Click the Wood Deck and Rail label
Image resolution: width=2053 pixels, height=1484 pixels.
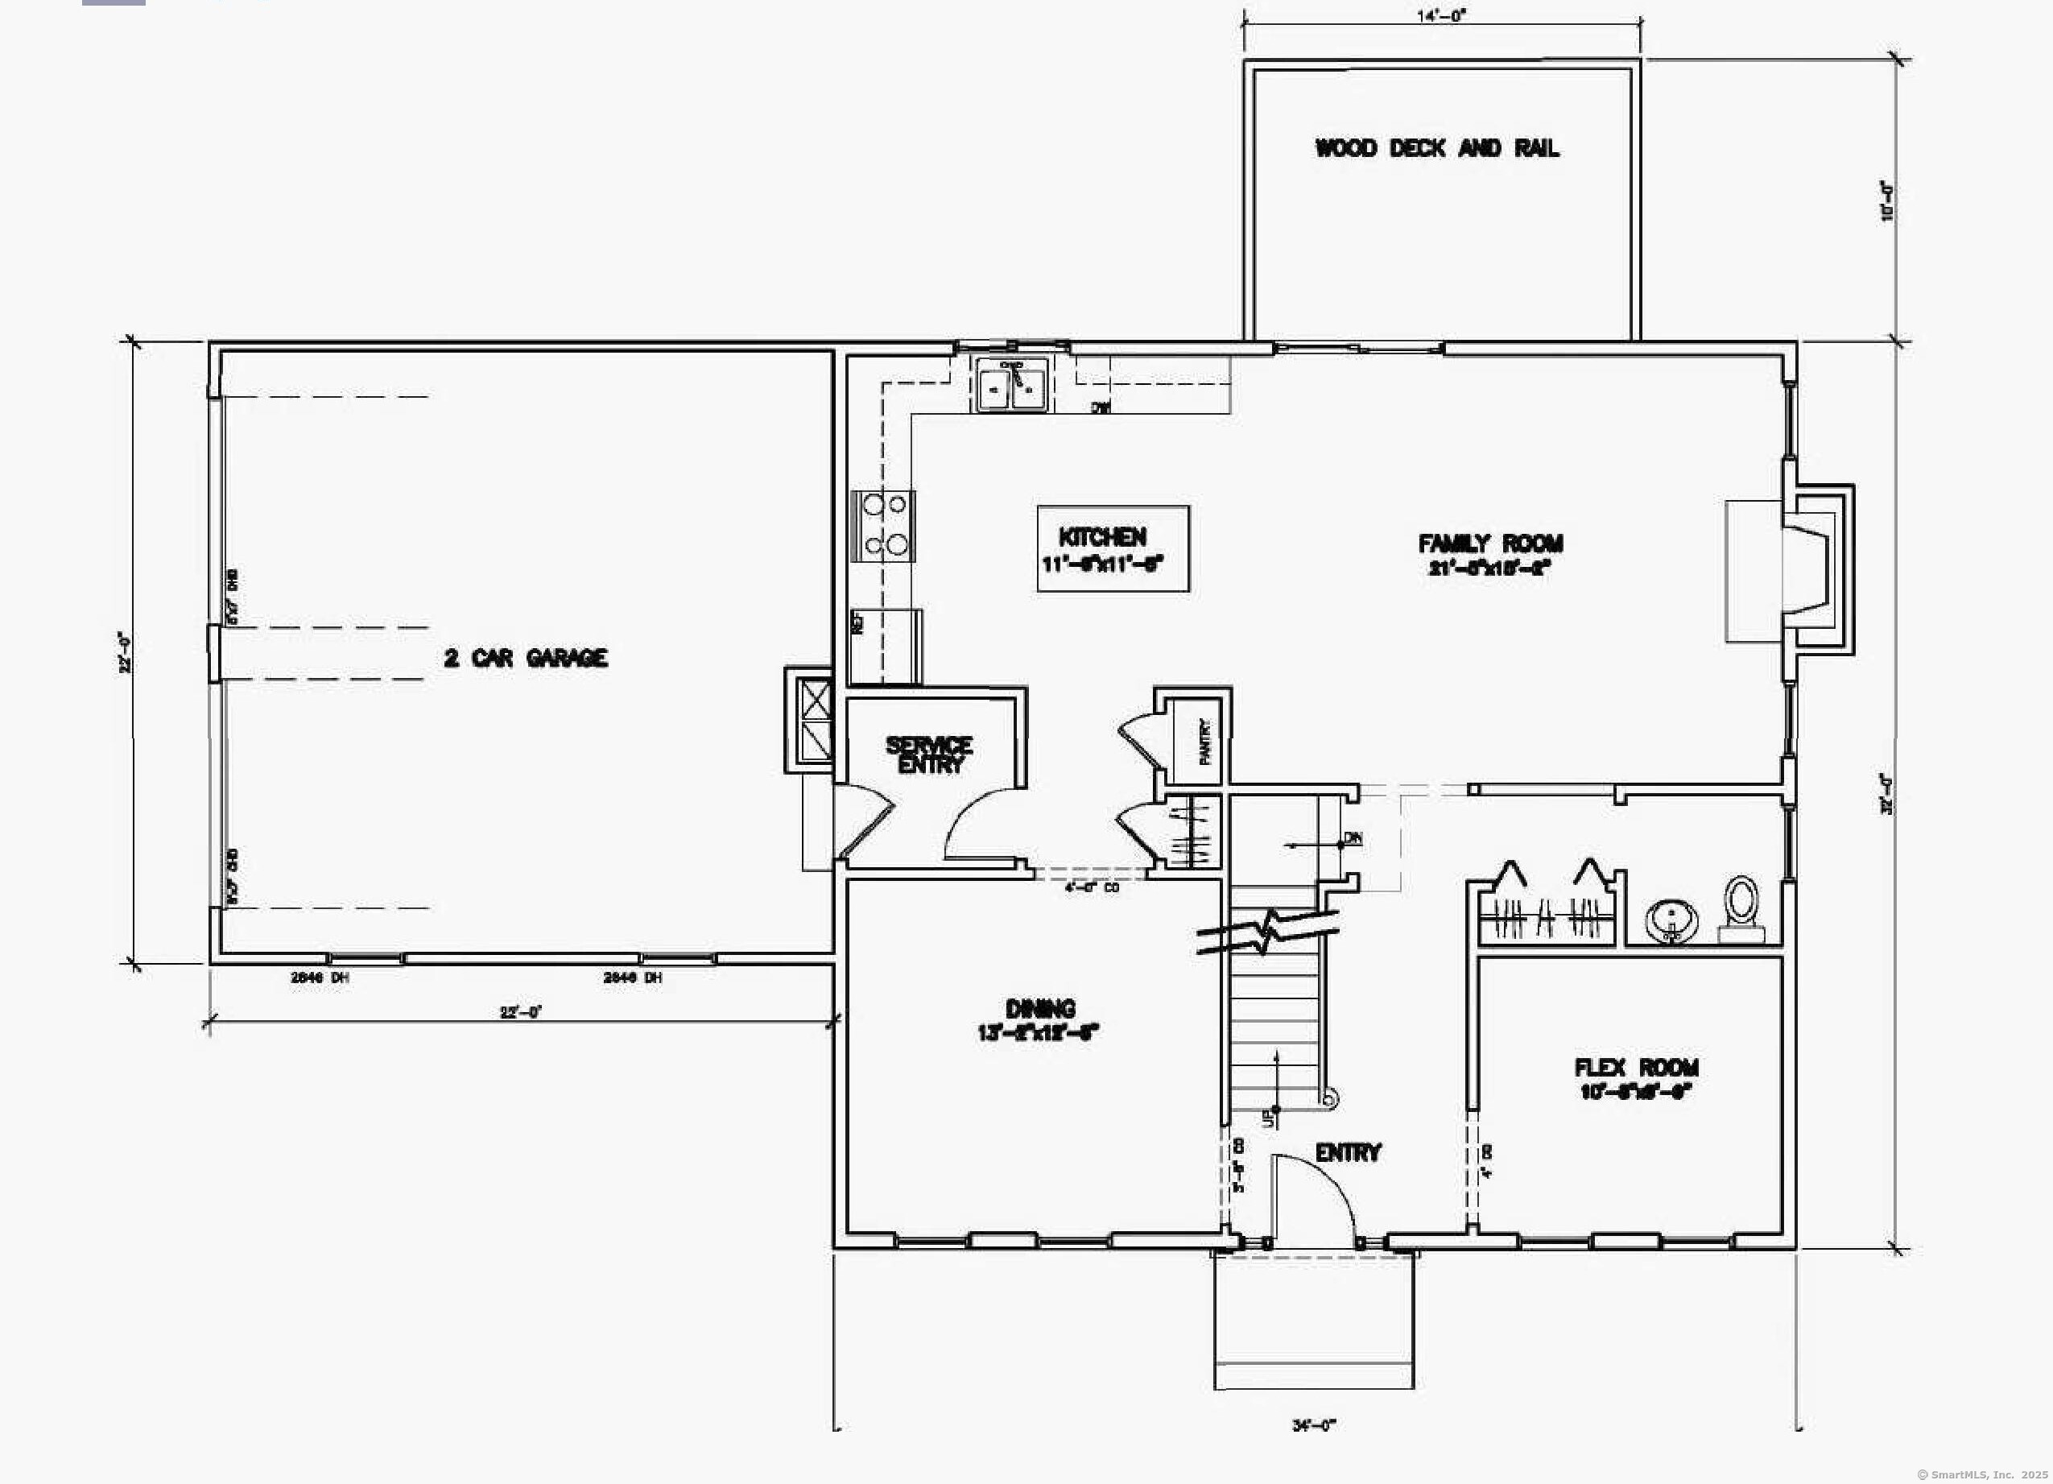[x=1436, y=148]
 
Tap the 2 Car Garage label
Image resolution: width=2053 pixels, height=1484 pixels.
[x=526, y=658]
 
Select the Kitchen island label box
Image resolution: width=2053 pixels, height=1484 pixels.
[x=1113, y=548]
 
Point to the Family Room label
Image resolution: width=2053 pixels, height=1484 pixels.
[x=1490, y=553]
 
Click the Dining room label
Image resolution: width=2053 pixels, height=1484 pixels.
[x=1039, y=1020]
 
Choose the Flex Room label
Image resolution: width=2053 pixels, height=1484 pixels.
[x=1636, y=1078]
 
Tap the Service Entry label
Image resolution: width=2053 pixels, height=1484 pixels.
[x=930, y=754]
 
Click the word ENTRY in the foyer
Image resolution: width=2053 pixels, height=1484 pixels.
[x=1348, y=1152]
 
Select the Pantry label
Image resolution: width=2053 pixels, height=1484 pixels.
[x=1204, y=742]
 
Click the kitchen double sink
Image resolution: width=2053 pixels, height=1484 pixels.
[x=1012, y=386]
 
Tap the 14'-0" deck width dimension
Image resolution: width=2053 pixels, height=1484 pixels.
[x=1441, y=15]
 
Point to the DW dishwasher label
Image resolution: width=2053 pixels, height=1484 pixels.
[x=1100, y=408]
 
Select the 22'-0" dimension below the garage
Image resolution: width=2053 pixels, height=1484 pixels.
[x=520, y=1012]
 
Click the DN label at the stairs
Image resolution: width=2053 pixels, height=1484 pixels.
[x=1353, y=837]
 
